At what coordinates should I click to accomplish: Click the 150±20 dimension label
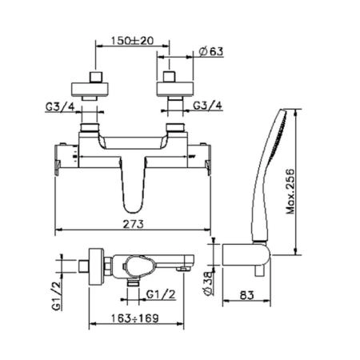tap(132, 41)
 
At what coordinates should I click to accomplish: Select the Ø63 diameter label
tap(211, 51)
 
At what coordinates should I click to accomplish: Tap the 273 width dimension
tap(133, 224)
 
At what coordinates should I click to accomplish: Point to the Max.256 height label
tap(290, 191)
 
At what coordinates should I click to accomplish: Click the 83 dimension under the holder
tap(247, 295)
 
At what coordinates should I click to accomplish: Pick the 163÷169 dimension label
tap(135, 318)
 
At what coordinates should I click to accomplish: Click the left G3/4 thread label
tap(60, 107)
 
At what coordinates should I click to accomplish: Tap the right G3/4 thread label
tap(207, 106)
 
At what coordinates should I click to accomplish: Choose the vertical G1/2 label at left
tap(57, 296)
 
